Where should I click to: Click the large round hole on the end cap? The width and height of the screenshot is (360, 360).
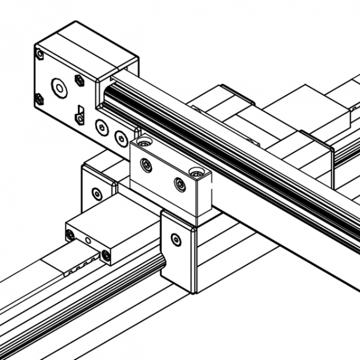tap(59, 88)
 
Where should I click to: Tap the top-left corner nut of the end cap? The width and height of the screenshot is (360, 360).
tap(40, 55)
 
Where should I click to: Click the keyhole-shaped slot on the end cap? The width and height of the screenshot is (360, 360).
tap(78, 113)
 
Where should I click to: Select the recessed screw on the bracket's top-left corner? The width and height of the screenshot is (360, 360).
tap(142, 143)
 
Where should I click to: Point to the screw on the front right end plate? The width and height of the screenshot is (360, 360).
tap(175, 239)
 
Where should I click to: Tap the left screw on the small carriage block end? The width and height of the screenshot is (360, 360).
tap(71, 235)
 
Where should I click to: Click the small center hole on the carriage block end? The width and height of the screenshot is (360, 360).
tap(89, 242)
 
